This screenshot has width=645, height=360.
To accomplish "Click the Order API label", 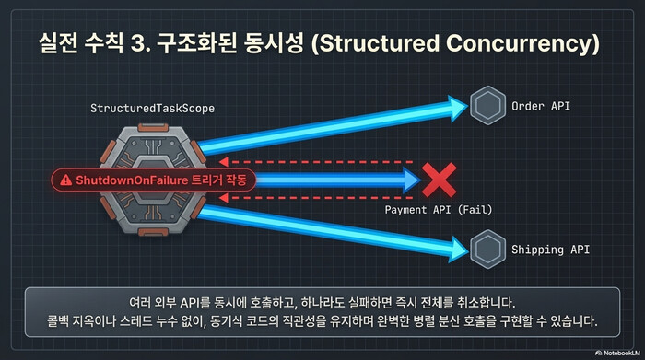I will click(x=541, y=106).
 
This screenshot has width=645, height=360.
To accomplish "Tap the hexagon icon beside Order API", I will click(x=485, y=107).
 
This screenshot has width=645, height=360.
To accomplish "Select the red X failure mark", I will click(x=439, y=180).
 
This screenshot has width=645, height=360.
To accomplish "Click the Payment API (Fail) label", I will click(x=438, y=210).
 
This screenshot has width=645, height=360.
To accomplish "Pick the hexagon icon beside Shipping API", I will click(x=485, y=250).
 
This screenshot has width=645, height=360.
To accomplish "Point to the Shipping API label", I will click(x=549, y=250).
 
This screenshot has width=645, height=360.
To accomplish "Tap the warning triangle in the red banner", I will click(x=64, y=180).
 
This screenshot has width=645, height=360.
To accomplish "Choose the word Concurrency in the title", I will click(x=530, y=43).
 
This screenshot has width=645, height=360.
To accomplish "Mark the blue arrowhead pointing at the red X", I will click(x=408, y=180).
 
